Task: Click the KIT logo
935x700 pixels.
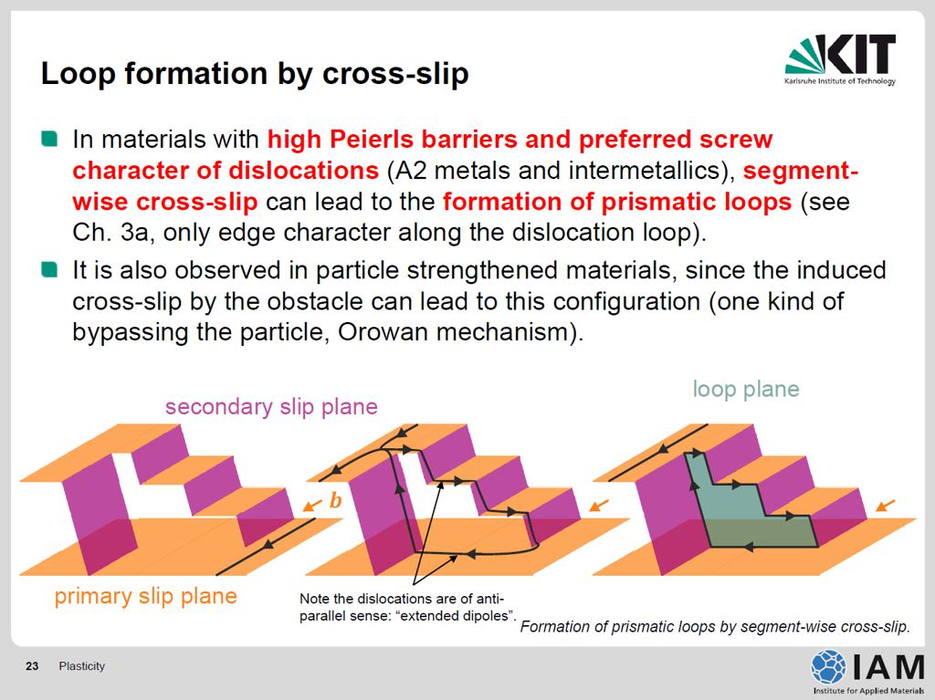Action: click(x=840, y=59)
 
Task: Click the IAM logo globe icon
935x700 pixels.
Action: click(x=827, y=666)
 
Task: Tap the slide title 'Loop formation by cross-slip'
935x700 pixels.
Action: click(x=255, y=74)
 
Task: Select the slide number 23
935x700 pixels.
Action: click(x=32, y=666)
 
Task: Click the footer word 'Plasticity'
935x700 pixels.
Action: click(x=81, y=666)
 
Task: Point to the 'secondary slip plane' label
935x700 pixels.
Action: click(x=271, y=407)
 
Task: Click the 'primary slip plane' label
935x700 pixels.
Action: click(x=145, y=596)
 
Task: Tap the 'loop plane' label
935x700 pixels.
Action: click(x=745, y=390)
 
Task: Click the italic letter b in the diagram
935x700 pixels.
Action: click(x=336, y=500)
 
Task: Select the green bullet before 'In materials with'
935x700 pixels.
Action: click(x=49, y=139)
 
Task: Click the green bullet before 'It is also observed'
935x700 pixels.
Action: click(x=49, y=270)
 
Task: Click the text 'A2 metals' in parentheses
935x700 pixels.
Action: click(x=437, y=172)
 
